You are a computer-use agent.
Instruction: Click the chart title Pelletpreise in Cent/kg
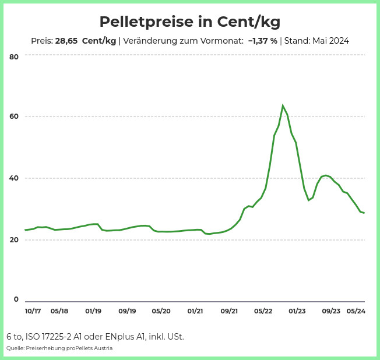(x=190, y=22)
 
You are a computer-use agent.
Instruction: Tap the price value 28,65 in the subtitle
(x=66, y=41)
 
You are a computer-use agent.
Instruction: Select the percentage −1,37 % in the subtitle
(x=263, y=41)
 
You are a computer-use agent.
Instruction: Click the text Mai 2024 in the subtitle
(x=331, y=41)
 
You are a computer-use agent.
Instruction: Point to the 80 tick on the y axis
(x=14, y=57)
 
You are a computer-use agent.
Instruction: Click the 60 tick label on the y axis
(x=14, y=117)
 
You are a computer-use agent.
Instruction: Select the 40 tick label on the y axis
(x=14, y=178)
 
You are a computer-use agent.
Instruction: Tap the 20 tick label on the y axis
(x=14, y=240)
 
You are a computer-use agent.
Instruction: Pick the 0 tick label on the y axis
(x=16, y=299)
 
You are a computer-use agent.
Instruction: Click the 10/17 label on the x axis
(x=33, y=311)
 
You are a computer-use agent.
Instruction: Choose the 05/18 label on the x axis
(x=59, y=311)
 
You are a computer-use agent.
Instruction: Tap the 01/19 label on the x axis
(x=93, y=311)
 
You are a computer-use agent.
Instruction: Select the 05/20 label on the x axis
(x=161, y=311)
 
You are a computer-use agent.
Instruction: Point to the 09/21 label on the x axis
(x=229, y=311)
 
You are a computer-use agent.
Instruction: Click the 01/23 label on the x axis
(x=297, y=311)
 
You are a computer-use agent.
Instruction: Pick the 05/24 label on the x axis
(x=356, y=311)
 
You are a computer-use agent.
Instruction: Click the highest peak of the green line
(x=283, y=105)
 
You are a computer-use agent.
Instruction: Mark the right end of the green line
(x=364, y=213)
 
